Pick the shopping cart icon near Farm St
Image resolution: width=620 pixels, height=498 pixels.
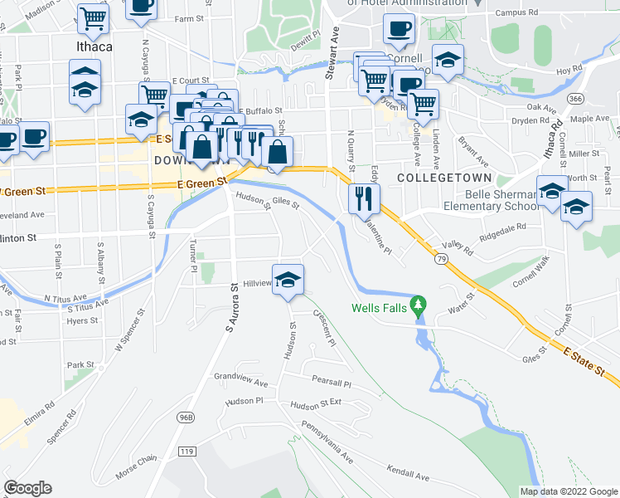(x=94, y=17)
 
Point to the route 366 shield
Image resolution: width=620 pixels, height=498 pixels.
(x=574, y=98)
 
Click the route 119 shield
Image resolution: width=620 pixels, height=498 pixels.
(x=186, y=452)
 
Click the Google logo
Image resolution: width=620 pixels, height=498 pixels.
(x=28, y=488)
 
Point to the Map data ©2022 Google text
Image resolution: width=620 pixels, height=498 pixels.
(x=569, y=491)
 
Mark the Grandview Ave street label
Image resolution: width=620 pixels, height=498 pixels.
(x=241, y=382)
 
